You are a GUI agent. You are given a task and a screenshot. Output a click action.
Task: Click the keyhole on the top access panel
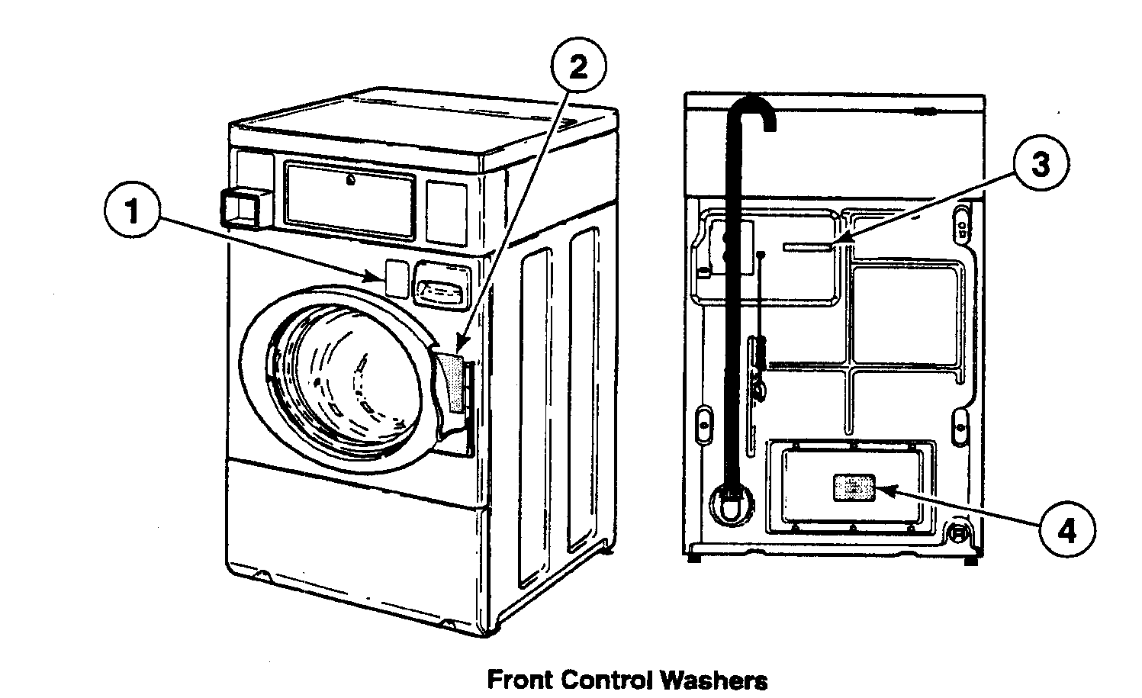pos(349,182)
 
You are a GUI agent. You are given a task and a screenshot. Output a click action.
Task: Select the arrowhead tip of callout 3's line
pos(835,242)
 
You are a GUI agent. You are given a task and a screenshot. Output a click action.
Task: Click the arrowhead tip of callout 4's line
pos(879,489)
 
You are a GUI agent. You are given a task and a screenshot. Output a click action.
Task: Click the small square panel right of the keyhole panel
pos(446,203)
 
